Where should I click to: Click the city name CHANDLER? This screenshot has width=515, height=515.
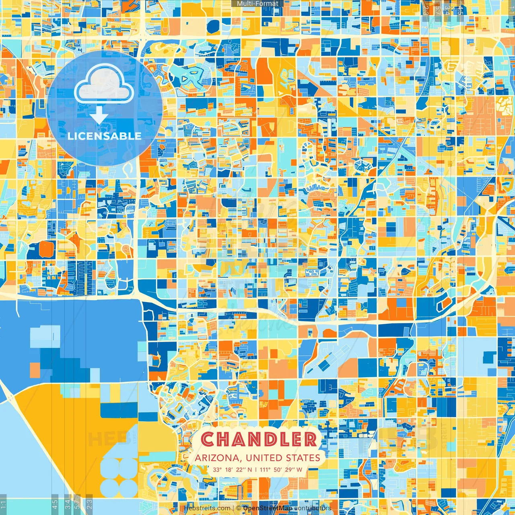(259, 439)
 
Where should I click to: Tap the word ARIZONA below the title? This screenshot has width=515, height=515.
(218, 458)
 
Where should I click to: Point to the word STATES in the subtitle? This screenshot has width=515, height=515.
(303, 458)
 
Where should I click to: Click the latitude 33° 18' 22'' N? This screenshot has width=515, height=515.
(233, 470)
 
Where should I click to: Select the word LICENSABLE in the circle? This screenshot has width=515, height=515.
(105, 136)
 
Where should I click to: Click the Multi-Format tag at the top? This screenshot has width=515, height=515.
(257, 4)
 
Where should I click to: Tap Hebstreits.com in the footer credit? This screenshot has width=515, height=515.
(207, 508)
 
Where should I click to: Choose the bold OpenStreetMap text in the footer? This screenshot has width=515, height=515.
(268, 508)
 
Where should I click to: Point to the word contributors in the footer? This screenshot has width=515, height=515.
(313, 508)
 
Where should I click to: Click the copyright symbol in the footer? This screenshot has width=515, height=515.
(239, 508)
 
